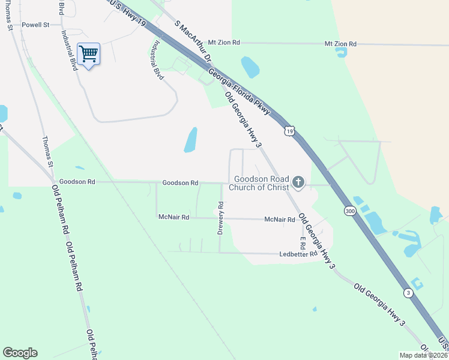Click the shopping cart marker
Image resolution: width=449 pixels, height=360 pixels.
click(x=89, y=55)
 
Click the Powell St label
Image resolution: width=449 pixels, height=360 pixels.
click(x=35, y=25)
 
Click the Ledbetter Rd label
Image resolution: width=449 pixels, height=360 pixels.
click(x=298, y=254)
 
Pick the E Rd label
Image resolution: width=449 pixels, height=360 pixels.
click(x=303, y=243)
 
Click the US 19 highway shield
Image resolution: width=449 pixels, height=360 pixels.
click(x=290, y=131)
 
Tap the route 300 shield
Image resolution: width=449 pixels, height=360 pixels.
click(x=350, y=211)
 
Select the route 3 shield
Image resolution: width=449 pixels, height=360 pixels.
click(x=408, y=293)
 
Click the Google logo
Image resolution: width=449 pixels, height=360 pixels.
click(x=20, y=353)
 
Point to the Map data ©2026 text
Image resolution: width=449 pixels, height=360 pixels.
click(x=423, y=355)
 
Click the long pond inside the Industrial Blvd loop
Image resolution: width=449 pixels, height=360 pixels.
click(x=190, y=140)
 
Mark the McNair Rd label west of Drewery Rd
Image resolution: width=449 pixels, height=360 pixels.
click(x=173, y=217)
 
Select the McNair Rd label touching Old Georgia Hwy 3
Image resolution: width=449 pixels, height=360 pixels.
click(x=280, y=220)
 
